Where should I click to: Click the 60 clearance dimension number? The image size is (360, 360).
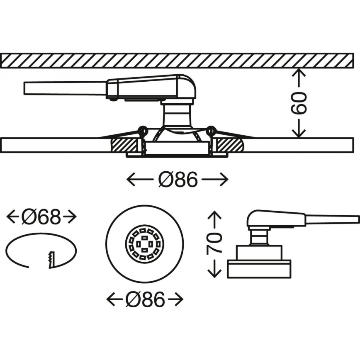[299, 103]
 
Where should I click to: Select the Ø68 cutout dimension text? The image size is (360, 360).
[42, 216]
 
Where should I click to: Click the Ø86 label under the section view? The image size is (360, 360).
[177, 180]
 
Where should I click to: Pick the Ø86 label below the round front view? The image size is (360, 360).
[145, 299]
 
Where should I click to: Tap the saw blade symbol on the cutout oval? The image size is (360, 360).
[52, 260]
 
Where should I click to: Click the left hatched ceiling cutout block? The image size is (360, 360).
[125, 146]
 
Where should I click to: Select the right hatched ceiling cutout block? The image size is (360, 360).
[228, 146]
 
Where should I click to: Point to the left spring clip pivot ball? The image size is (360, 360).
[142, 130]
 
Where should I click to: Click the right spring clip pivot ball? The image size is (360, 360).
[211, 130]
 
